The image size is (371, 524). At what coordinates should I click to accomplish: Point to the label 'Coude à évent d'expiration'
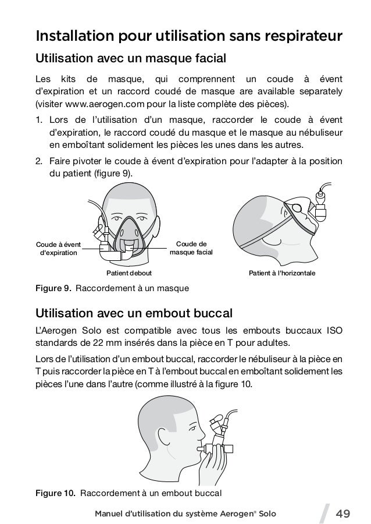(58, 249)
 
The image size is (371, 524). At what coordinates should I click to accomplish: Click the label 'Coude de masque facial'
(191, 248)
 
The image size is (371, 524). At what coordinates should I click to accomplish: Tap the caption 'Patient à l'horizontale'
(281, 272)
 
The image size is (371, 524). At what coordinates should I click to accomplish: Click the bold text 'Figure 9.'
(53, 288)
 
